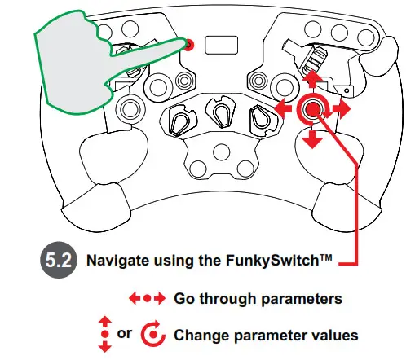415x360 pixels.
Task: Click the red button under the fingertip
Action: pyautogui.click(x=188, y=45)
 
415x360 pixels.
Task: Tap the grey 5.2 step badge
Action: pyautogui.click(x=58, y=262)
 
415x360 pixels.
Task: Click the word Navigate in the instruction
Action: pyautogui.click(x=117, y=262)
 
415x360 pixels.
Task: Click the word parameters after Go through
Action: pyautogui.click(x=306, y=298)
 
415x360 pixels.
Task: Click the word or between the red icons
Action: pyautogui.click(x=124, y=335)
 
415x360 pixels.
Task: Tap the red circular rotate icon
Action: pyautogui.click(x=153, y=335)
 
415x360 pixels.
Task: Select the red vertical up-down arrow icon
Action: pyautogui.click(x=104, y=335)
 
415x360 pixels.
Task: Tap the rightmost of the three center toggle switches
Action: pyautogui.click(x=260, y=120)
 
